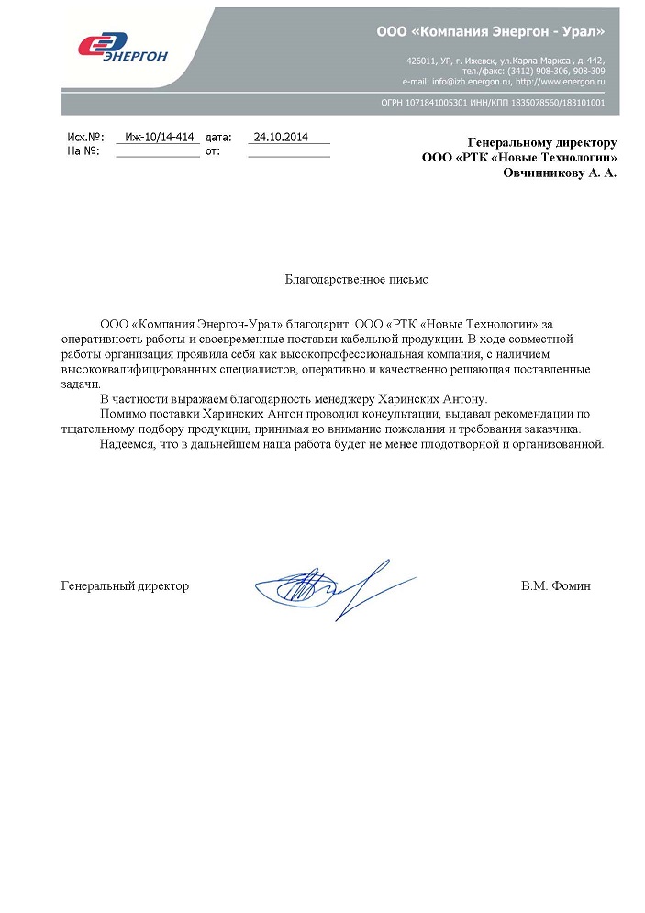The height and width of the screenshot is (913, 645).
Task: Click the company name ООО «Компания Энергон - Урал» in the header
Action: click(490, 31)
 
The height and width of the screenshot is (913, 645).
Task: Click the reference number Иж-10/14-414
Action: click(160, 137)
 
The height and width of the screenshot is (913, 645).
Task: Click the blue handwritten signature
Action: click(317, 587)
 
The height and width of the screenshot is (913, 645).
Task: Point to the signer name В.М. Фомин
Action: click(555, 585)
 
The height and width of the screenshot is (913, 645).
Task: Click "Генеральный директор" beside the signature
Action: click(125, 585)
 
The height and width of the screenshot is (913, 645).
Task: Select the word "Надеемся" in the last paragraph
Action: click(126, 444)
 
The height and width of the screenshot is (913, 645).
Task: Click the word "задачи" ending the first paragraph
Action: click(79, 384)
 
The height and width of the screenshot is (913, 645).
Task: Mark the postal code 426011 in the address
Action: click(420, 60)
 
